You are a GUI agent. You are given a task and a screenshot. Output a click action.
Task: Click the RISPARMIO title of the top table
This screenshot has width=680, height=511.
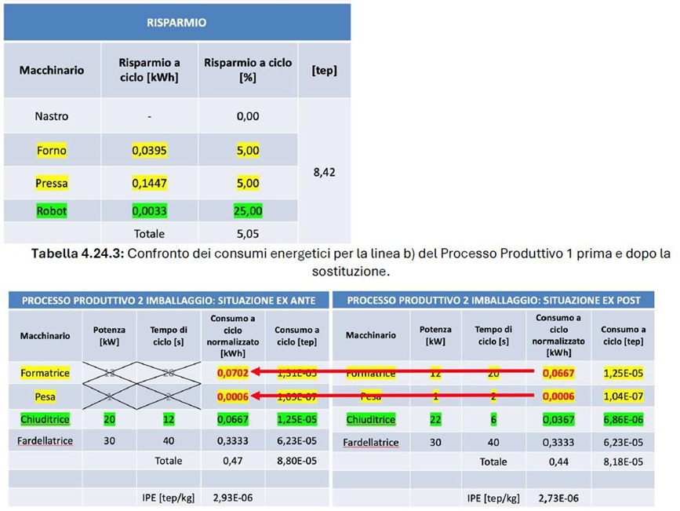tap(177, 23)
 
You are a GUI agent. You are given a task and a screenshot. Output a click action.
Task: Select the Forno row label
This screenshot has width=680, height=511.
tap(52, 150)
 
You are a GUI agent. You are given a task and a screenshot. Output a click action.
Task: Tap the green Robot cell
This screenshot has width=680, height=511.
tap(52, 210)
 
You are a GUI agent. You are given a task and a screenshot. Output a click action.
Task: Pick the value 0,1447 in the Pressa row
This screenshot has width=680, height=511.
tap(149, 183)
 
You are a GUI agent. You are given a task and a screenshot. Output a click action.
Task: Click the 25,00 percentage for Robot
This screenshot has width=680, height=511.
tap(248, 210)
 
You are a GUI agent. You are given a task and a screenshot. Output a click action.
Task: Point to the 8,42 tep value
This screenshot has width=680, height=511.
tap(324, 172)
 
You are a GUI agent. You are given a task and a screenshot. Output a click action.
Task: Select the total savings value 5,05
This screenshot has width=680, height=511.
tap(248, 233)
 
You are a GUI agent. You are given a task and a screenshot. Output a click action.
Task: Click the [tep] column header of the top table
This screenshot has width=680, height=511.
tap(324, 70)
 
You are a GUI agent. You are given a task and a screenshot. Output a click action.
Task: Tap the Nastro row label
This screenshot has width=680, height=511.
tap(52, 116)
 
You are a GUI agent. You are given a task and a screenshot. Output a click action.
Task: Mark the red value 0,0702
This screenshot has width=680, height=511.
tap(232, 373)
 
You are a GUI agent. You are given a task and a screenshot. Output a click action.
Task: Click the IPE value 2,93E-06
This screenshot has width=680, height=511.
tap(232, 497)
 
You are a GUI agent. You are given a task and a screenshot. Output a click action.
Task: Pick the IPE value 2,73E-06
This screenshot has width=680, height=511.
tap(558, 497)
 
